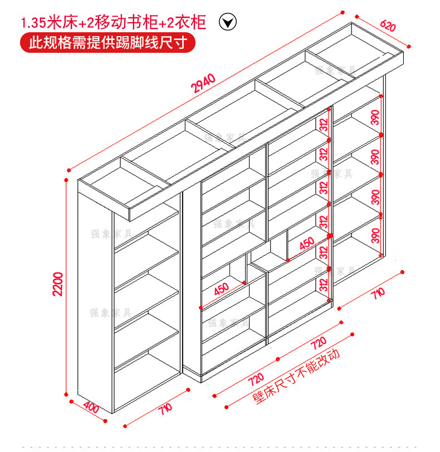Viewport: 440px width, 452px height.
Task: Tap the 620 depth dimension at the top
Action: tap(389, 26)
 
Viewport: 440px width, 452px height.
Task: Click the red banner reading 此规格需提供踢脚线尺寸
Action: tap(108, 42)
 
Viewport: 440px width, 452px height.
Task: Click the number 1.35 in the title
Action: tap(34, 23)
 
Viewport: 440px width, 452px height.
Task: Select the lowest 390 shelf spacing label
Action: tap(375, 235)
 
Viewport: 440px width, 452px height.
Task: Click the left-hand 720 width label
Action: tap(256, 378)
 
